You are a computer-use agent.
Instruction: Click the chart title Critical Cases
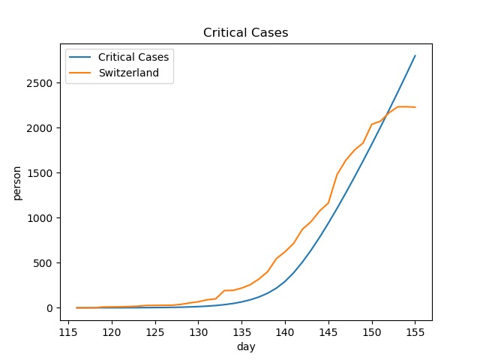[x=240, y=33]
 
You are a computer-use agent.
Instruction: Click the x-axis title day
[x=246, y=347]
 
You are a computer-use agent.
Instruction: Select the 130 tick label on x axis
[x=198, y=332]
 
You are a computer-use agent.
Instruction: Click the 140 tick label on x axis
[x=285, y=332]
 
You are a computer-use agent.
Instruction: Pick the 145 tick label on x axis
[x=328, y=332]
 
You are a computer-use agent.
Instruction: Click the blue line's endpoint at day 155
[x=415, y=55]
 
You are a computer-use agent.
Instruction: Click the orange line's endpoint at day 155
[x=415, y=107]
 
